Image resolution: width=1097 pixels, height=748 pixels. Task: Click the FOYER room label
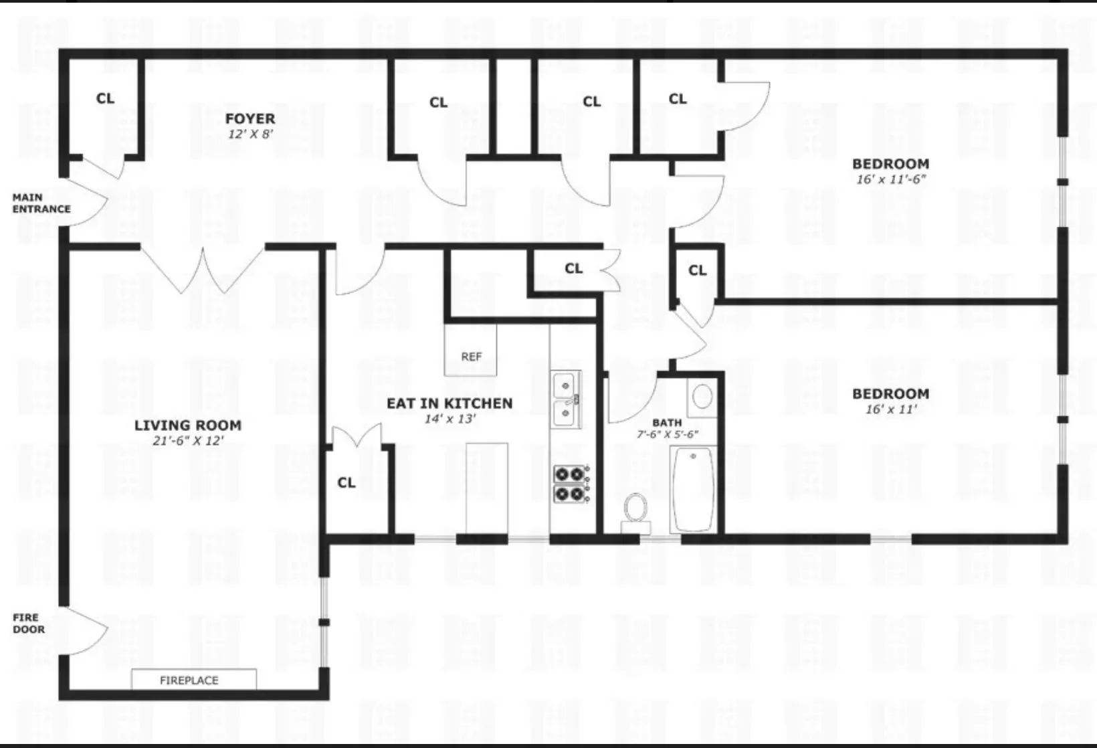point(250,118)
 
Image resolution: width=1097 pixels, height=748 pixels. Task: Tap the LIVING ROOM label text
point(188,425)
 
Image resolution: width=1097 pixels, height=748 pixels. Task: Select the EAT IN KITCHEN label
point(450,403)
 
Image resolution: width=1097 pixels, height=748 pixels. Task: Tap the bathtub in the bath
point(694,489)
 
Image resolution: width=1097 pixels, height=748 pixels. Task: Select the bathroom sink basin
point(702,397)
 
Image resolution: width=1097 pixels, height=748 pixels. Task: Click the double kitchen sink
point(566,400)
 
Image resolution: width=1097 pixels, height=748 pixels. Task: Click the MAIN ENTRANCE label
point(41,203)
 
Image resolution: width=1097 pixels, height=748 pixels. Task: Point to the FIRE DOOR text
point(29,623)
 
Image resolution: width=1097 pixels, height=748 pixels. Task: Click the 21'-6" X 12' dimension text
point(188,441)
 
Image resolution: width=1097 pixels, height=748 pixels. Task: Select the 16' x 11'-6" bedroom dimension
point(891,179)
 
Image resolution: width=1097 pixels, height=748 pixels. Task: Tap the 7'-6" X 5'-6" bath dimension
point(668,434)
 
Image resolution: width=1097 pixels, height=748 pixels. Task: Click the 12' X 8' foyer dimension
point(250,134)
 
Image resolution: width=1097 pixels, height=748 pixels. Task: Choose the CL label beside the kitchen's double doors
point(346,482)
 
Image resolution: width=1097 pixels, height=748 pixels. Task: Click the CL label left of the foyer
point(106,98)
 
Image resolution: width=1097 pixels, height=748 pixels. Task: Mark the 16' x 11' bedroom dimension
point(891,409)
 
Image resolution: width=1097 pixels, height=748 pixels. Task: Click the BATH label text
point(667,422)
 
